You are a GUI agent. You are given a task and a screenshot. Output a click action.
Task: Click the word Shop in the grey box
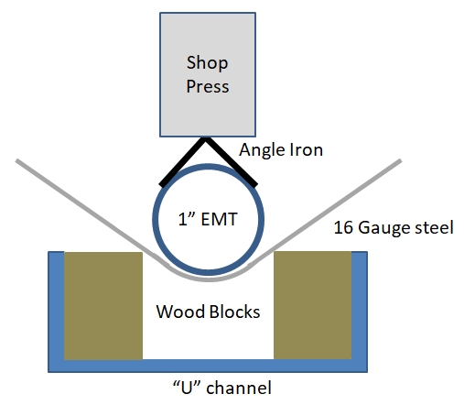point(207,63)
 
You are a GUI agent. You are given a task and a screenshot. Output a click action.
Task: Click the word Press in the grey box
point(208,86)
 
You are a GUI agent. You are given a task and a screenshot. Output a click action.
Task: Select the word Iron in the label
point(306,149)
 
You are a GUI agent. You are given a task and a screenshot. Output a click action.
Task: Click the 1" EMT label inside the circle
point(208,219)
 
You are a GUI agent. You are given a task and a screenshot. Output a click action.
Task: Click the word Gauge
point(383,228)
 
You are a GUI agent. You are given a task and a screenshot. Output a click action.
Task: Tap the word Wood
point(180,312)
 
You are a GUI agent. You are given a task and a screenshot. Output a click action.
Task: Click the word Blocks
point(235,312)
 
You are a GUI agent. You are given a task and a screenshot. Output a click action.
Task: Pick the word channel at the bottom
point(239,388)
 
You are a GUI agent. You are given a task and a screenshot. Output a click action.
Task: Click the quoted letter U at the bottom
point(187,388)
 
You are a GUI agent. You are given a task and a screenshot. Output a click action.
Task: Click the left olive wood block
point(103,305)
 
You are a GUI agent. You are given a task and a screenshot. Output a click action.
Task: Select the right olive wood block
point(312,305)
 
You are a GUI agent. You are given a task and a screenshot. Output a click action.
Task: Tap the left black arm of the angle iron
point(182,162)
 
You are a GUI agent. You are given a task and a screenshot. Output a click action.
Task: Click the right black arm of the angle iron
point(232,162)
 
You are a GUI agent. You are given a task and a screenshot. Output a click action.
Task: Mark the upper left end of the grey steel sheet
point(17,160)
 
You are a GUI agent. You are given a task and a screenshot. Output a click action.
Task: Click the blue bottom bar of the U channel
point(208,366)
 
